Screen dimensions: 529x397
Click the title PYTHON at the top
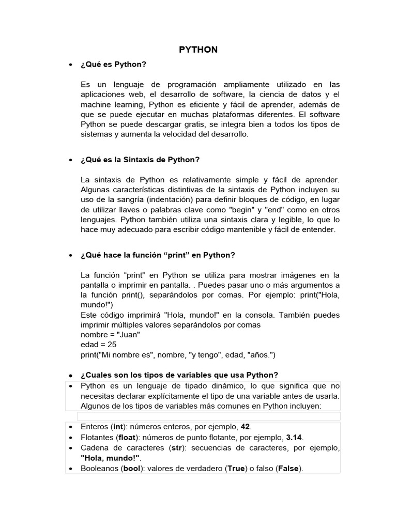point(198,50)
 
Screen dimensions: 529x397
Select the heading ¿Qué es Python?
point(114,64)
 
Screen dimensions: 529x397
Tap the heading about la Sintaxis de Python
point(140,160)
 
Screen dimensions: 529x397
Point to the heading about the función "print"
point(158,255)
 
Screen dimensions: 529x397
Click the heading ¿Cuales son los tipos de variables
point(179,375)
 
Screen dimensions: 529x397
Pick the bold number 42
point(245,427)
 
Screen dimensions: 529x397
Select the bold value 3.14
point(294,437)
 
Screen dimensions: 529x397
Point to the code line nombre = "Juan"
point(111,334)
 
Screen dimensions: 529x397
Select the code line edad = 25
point(99,344)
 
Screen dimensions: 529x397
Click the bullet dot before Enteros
point(70,427)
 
